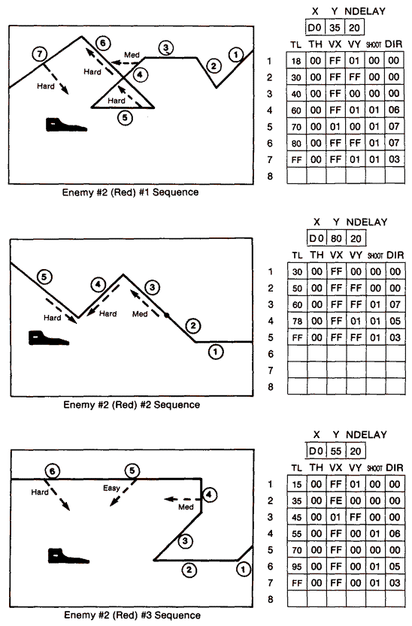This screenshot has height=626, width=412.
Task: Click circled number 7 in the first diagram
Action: click(40, 53)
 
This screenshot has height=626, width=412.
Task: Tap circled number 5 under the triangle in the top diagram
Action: click(126, 117)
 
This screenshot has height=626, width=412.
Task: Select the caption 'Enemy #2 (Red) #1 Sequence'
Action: click(132, 192)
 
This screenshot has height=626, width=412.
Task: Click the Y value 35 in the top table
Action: click(336, 29)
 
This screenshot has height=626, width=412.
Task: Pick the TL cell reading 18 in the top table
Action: click(296, 61)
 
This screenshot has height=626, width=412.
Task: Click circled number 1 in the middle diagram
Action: click(215, 351)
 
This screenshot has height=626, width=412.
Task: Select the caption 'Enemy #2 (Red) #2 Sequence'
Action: click(132, 405)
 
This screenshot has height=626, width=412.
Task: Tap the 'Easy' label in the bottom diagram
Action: click(111, 488)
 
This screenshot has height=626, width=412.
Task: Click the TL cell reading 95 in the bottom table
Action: click(296, 565)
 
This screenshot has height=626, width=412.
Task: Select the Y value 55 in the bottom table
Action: click(336, 451)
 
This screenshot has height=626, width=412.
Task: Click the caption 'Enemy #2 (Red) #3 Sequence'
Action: click(132, 615)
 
